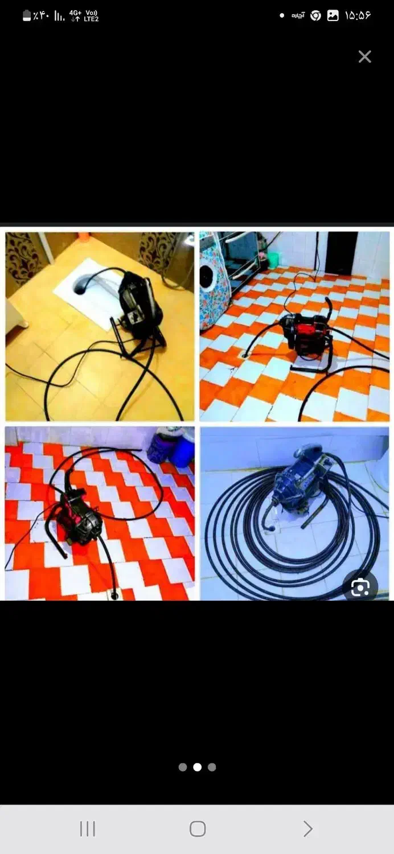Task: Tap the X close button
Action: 364,56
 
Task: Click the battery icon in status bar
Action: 27,15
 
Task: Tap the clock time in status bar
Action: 358,15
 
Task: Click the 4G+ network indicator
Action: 76,15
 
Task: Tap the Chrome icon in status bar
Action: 315,15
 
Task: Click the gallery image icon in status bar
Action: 333,15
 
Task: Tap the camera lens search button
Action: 360,588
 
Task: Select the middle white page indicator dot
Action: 197,767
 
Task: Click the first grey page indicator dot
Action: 183,767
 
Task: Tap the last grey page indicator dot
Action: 212,767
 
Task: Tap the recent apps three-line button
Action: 87,829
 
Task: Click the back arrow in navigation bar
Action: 307,829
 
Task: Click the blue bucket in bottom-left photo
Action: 182,452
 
